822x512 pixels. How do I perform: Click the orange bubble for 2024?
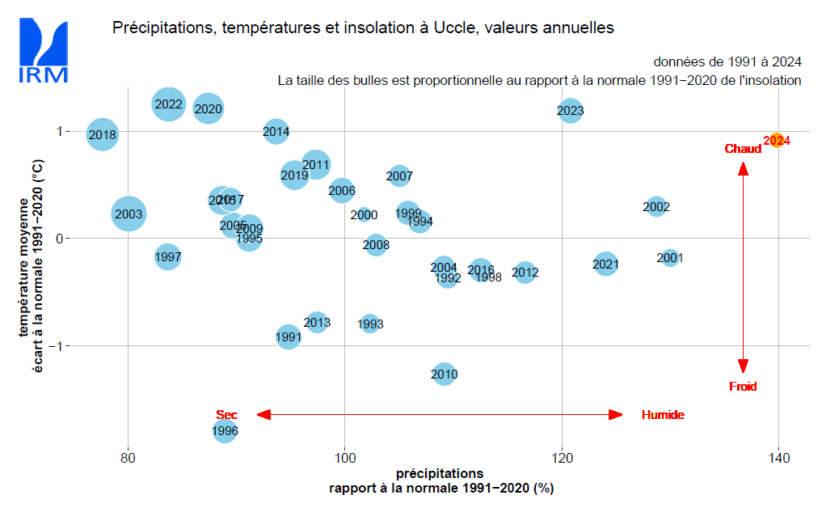pyautogui.click(x=776, y=140)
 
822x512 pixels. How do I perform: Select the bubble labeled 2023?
pyautogui.click(x=570, y=111)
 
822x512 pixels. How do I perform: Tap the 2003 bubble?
pyautogui.click(x=129, y=214)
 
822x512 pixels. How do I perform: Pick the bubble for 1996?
pyautogui.click(x=225, y=431)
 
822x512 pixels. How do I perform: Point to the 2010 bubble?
pyautogui.click(x=444, y=374)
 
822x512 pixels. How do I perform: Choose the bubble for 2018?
pyautogui.click(x=103, y=135)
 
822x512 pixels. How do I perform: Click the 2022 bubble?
pyautogui.click(x=168, y=104)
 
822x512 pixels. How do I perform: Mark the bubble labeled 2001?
pyautogui.click(x=670, y=258)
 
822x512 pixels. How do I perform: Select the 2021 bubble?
pyautogui.click(x=605, y=264)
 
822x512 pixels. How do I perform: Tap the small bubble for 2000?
pyautogui.click(x=364, y=215)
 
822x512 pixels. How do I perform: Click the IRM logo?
pyautogui.click(x=43, y=51)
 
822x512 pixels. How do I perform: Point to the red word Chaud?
pyautogui.click(x=743, y=149)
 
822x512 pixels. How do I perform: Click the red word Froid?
pyautogui.click(x=743, y=387)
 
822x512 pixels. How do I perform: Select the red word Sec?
pyautogui.click(x=226, y=415)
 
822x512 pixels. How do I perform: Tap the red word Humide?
pyautogui.click(x=663, y=415)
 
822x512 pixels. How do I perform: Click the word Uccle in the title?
pyautogui.click(x=478, y=28)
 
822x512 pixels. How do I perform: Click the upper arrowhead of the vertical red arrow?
pyautogui.click(x=743, y=168)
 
